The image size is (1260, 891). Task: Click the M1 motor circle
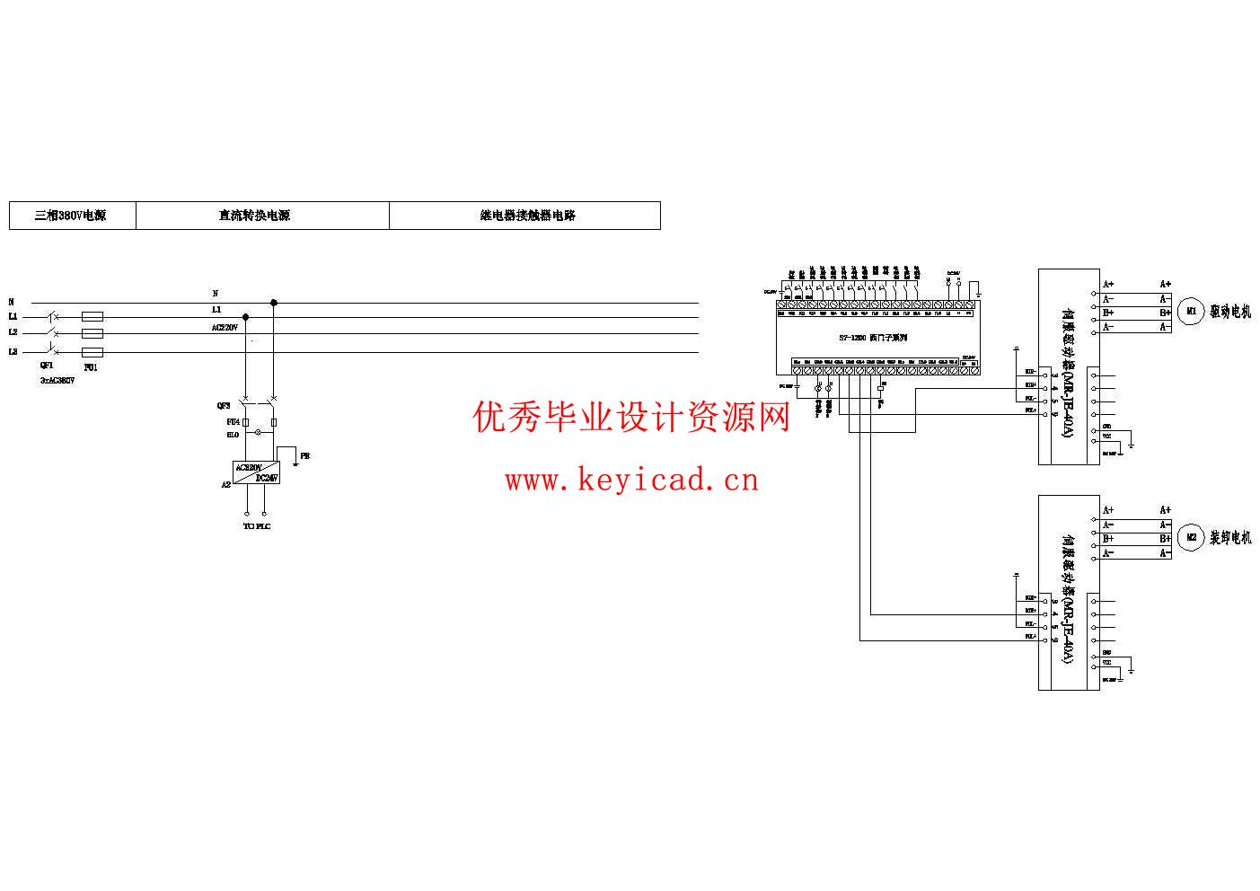click(1191, 313)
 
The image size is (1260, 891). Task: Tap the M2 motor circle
click(1191, 539)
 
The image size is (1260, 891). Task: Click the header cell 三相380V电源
click(72, 216)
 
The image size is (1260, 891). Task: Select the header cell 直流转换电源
click(255, 216)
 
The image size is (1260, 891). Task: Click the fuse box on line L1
click(92, 317)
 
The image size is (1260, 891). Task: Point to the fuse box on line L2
click(92, 333)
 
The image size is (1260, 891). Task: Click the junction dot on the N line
click(274, 304)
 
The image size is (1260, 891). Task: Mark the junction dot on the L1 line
click(245, 317)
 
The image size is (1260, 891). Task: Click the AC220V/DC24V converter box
click(257, 473)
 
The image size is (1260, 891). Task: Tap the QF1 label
click(47, 366)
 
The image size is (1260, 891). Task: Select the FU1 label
click(90, 367)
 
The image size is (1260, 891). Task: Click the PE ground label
click(305, 456)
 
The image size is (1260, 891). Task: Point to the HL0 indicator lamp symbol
click(260, 433)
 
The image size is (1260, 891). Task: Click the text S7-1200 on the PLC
click(851, 338)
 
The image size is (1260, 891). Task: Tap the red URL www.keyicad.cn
click(631, 481)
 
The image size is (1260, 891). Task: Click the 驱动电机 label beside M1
click(1230, 313)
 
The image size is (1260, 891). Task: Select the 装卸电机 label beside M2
click(1230, 539)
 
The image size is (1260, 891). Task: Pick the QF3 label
click(224, 406)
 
